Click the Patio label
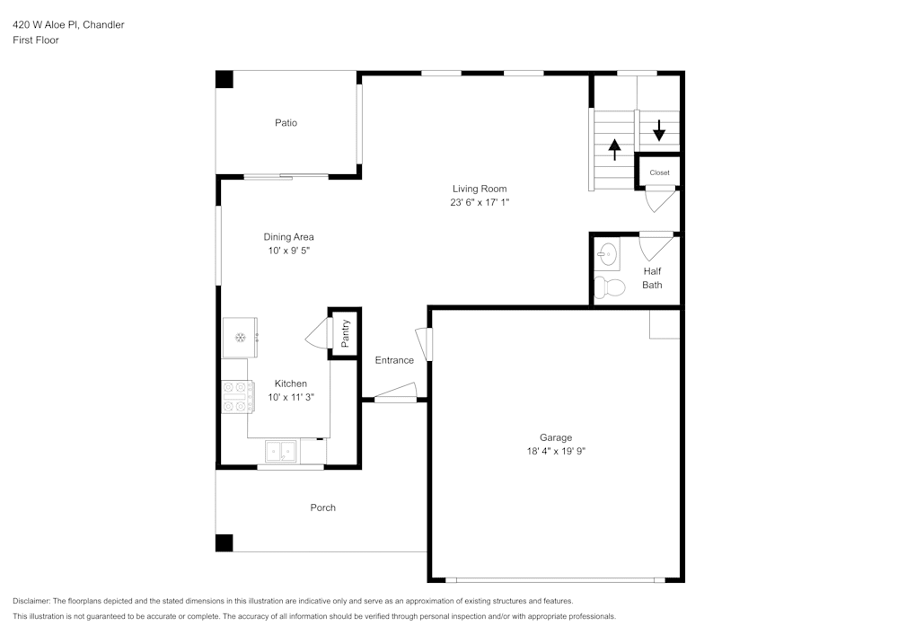pos(286,123)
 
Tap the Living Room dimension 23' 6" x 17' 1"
pos(480,203)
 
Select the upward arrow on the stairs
pos(615,148)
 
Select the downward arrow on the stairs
pos(659,130)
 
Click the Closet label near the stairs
pos(659,172)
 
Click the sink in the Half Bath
pos(609,256)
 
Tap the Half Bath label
pos(652,278)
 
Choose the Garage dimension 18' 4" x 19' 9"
pos(556,452)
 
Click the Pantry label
pos(346,334)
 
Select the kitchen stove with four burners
pos(238,396)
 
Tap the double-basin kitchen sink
pos(282,450)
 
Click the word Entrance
pos(394,360)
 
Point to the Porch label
pos(322,507)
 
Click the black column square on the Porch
pos(224,542)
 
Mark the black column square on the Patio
pos(224,79)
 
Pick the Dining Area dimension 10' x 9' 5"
pos(290,251)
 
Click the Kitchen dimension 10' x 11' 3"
pos(290,397)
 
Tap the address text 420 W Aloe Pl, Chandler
pos(68,25)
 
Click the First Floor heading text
pos(36,40)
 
